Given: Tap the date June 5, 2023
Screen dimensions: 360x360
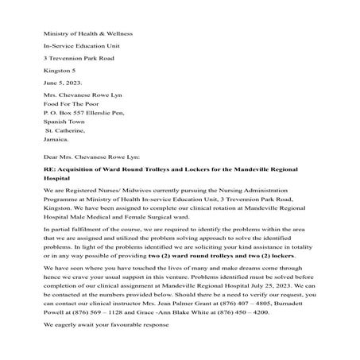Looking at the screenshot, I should click(63, 82).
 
